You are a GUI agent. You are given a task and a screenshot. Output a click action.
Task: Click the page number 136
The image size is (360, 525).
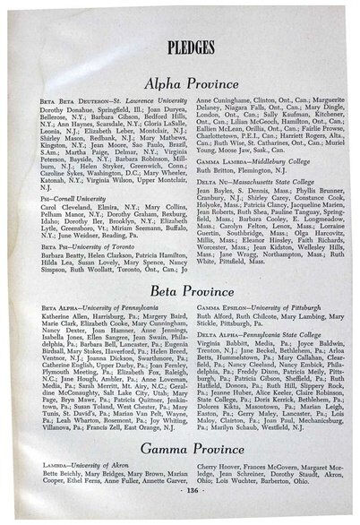(181, 514)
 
